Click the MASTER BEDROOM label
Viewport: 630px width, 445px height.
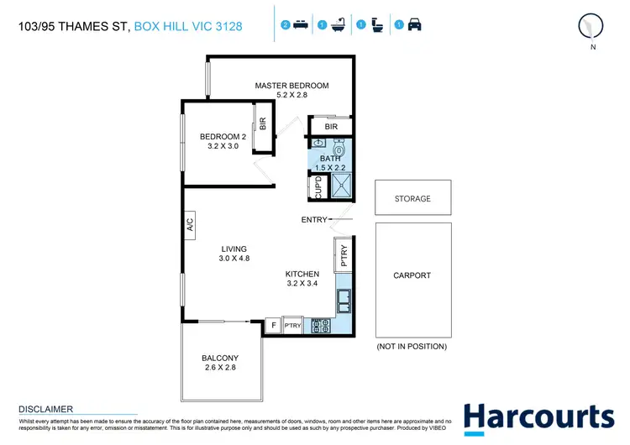point(291,86)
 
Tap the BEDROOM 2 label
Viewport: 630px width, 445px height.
point(223,136)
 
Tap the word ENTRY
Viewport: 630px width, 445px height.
point(313,221)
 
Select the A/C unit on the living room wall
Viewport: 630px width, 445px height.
point(190,224)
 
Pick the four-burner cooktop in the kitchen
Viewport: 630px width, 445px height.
point(322,325)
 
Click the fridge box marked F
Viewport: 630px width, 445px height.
point(273,326)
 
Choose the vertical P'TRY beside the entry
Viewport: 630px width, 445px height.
point(344,254)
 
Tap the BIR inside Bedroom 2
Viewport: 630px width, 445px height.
point(262,125)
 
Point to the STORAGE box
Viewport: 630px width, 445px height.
point(412,199)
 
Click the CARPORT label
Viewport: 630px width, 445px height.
point(412,275)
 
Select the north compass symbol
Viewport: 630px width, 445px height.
point(592,27)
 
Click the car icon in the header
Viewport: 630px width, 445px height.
point(414,25)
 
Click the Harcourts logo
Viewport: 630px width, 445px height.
point(538,418)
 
